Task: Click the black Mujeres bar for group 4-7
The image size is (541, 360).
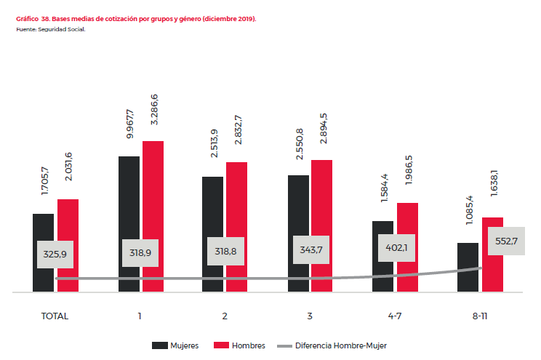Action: [382, 269]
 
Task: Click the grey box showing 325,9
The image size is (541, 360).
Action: [55, 255]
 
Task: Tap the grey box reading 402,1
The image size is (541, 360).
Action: [396, 247]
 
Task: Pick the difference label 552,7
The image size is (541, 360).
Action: [505, 241]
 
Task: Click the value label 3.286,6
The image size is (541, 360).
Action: [153, 110]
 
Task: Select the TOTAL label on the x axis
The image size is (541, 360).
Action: [55, 316]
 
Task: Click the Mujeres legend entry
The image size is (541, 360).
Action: [175, 345]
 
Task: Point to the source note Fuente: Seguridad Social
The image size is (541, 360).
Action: [50, 29]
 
